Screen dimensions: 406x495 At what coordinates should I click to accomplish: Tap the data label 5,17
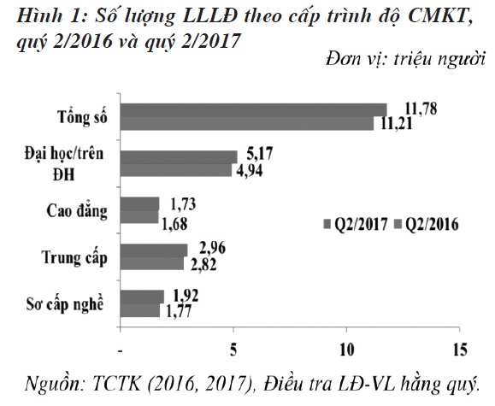coord(260,154)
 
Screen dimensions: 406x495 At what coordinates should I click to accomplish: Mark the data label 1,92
coord(187,295)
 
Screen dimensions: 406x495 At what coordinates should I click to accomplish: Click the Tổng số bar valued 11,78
coord(253,109)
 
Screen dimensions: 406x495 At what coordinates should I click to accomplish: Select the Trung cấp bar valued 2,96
coord(154,249)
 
